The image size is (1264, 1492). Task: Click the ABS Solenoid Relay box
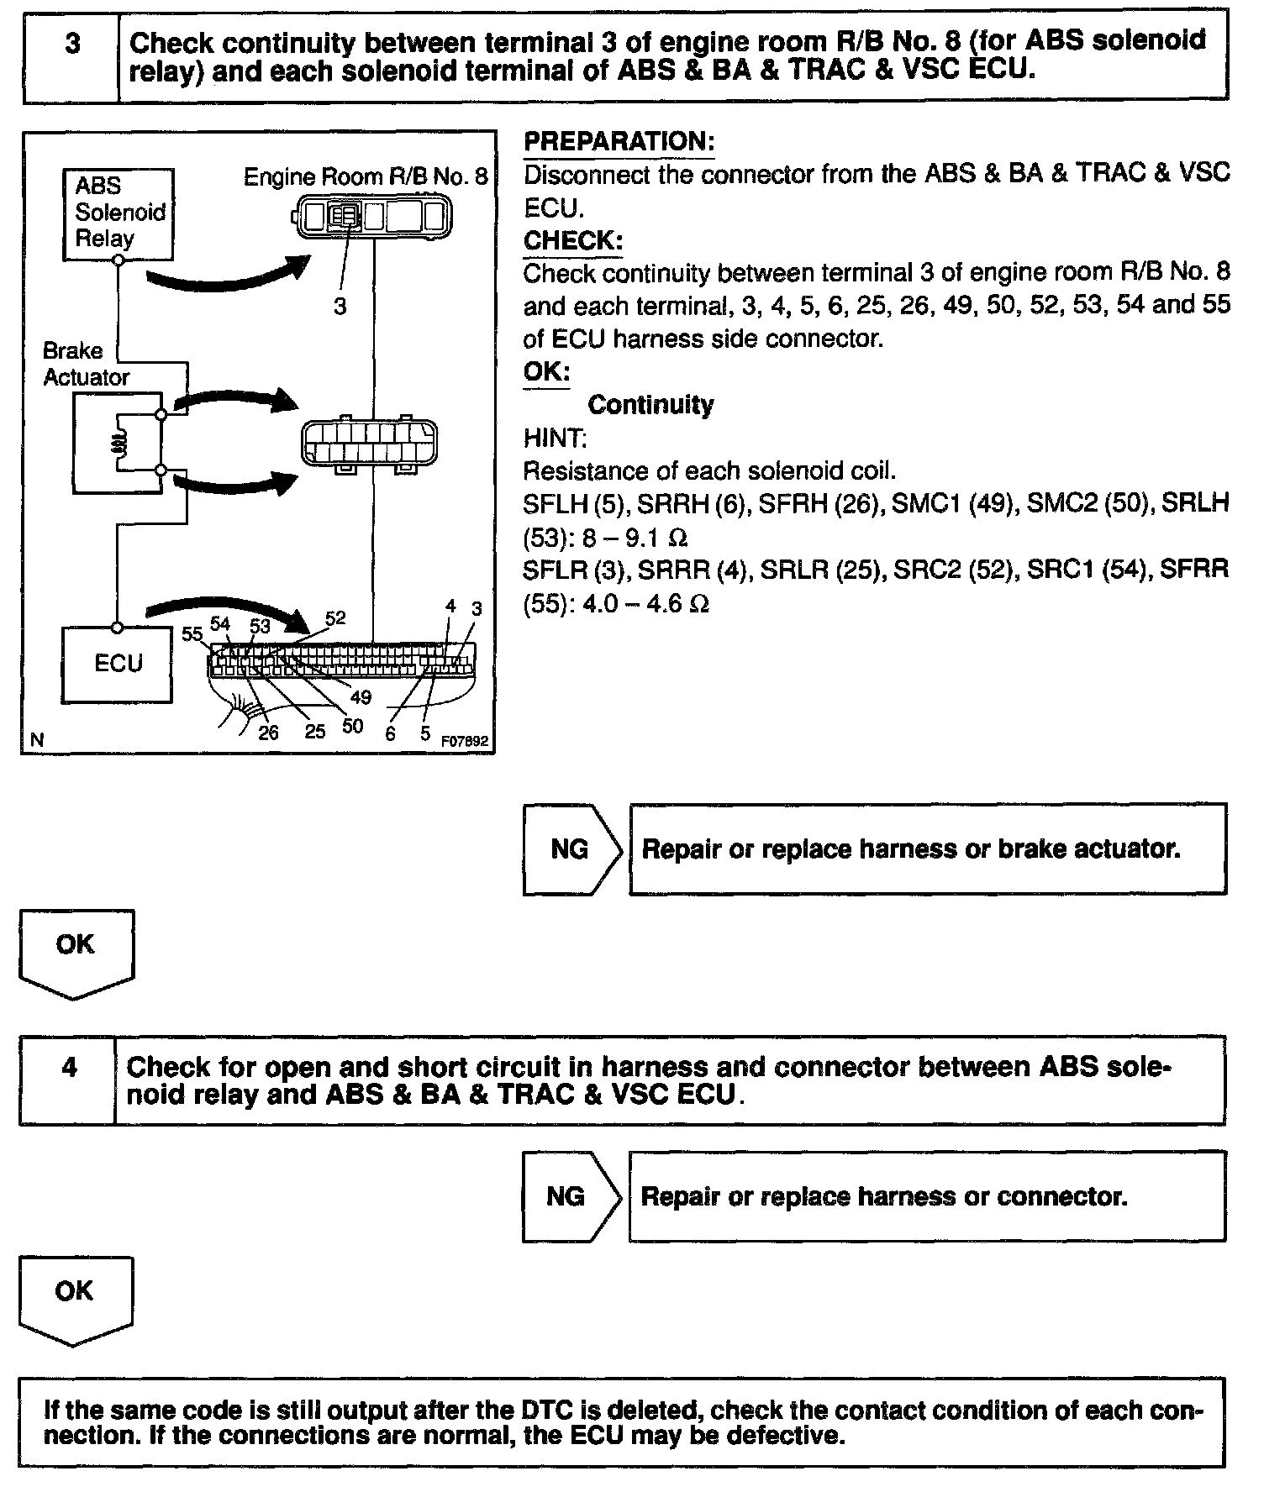(118, 213)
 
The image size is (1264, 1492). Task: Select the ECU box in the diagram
(118, 664)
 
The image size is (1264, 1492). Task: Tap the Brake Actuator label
(86, 364)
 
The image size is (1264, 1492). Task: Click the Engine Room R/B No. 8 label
(365, 176)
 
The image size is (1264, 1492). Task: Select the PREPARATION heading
(619, 141)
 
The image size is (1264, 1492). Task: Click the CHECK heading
(573, 240)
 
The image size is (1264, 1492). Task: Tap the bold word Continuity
(650, 404)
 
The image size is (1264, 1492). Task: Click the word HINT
(555, 438)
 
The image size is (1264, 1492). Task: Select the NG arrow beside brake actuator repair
(571, 849)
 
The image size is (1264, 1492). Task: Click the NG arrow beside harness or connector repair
(569, 1196)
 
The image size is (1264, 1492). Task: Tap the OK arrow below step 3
(76, 949)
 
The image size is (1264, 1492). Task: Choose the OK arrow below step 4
(75, 1295)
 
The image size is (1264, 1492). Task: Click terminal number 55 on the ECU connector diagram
(192, 633)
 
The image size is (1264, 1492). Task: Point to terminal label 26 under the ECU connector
(268, 733)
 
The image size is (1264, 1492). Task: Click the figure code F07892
(465, 742)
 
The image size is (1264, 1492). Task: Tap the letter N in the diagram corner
(36, 740)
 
